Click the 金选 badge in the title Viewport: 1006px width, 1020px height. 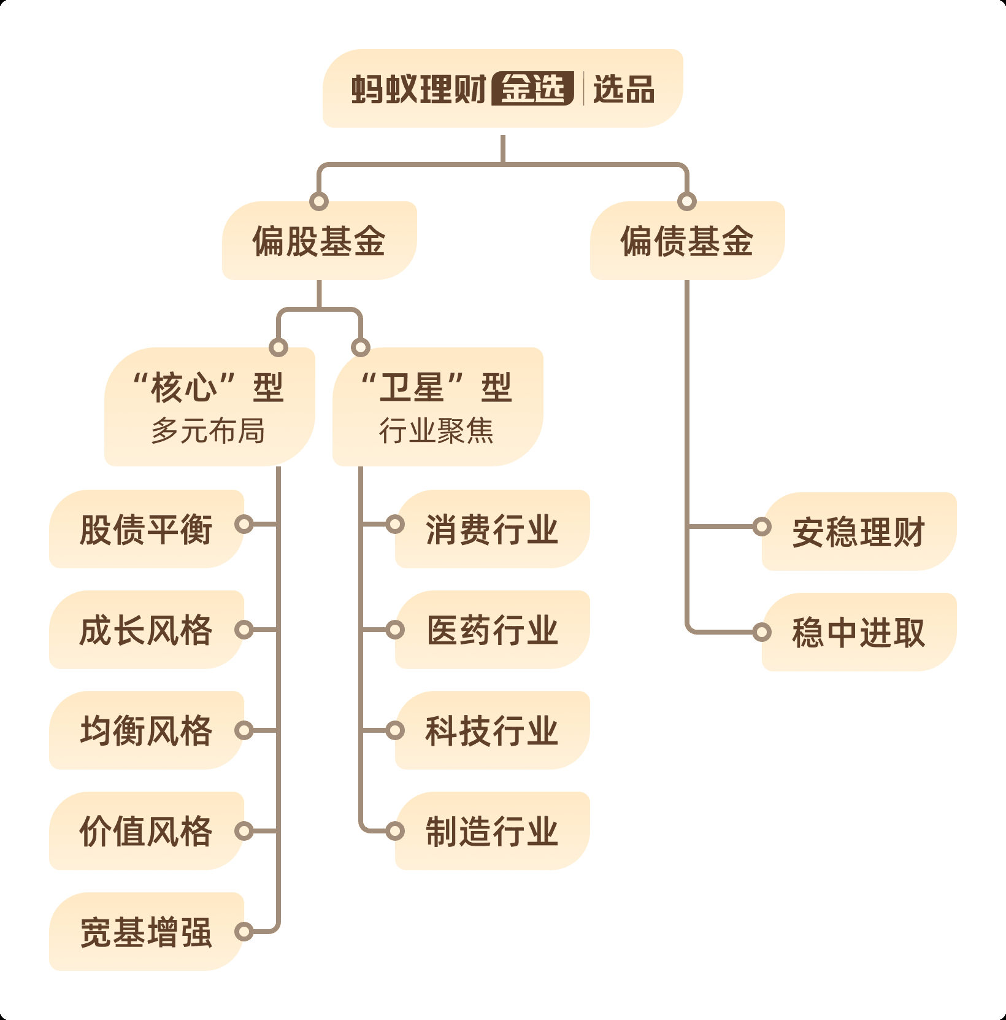[533, 89]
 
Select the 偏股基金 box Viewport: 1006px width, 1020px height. [319, 241]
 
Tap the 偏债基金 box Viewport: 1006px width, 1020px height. [687, 241]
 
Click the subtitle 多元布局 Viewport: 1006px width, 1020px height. [209, 431]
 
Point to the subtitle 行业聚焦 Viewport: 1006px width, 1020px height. [436, 431]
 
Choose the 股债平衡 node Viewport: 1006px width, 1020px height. [146, 529]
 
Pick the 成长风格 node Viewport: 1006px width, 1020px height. [146, 630]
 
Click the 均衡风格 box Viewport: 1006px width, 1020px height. [146, 730]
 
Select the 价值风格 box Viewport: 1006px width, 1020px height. [146, 831]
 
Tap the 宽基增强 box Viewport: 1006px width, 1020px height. [146, 932]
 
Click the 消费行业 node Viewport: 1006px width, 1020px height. [492, 529]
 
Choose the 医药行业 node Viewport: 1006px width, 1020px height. [492, 630]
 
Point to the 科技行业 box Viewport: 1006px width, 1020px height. [492, 730]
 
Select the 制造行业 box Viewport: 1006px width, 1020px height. [492, 831]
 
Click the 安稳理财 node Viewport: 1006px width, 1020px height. [859, 531]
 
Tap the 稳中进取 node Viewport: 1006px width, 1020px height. [859, 632]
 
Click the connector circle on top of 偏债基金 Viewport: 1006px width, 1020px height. [687, 201]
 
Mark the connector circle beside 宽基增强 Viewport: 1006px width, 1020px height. [244, 932]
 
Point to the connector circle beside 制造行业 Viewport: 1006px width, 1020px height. [395, 831]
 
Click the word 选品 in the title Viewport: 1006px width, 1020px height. [624, 89]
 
